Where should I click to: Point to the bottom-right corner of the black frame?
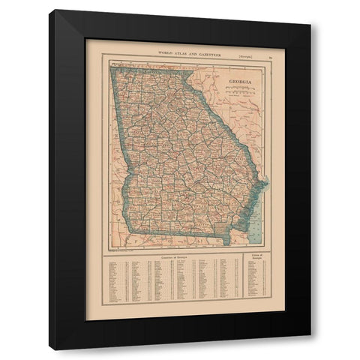tap(310, 349)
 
